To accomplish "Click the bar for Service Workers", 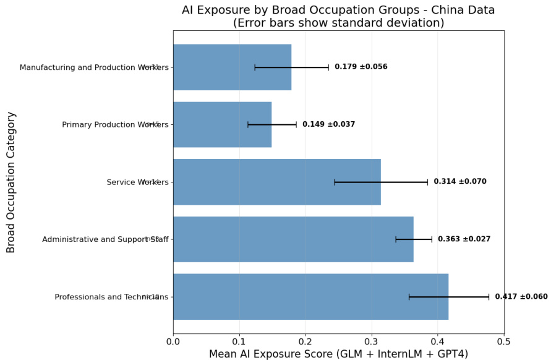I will pyautogui.click(x=276, y=182).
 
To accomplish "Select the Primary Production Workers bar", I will pyautogui.click(x=222, y=124).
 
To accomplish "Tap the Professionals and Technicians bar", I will pyautogui.click(x=310, y=297).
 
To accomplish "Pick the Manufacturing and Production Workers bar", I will pyautogui.click(x=232, y=67).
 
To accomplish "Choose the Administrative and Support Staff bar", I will pyautogui.click(x=293, y=239).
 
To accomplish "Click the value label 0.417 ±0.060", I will pyautogui.click(x=521, y=297).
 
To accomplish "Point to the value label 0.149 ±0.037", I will pyautogui.click(x=328, y=124).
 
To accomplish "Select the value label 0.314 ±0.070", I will pyautogui.click(x=459, y=182).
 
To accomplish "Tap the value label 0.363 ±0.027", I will pyautogui.click(x=464, y=239).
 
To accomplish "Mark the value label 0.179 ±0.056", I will pyautogui.click(x=361, y=67).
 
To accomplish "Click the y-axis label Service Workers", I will pyautogui.click(x=132, y=182).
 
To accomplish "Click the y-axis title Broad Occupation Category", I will pyautogui.click(x=11, y=182).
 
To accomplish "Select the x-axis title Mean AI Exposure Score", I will pyautogui.click(x=338, y=354).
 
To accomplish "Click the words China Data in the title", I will pyautogui.click(x=466, y=10).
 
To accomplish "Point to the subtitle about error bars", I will pyautogui.click(x=338, y=23).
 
